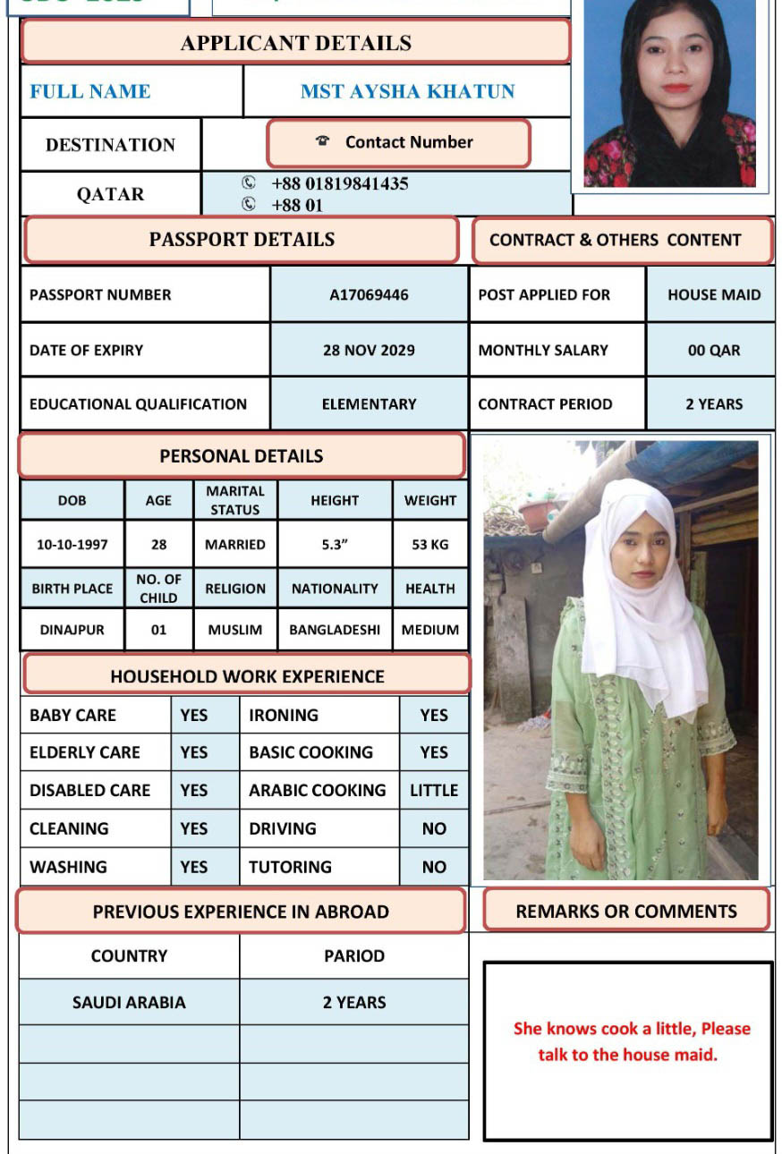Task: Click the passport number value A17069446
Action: [369, 294]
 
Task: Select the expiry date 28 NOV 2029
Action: [369, 350]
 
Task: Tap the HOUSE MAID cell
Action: [713, 294]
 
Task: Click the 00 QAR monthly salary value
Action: [713, 350]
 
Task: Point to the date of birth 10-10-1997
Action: [72, 544]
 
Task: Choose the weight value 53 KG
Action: [429, 544]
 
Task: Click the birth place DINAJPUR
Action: [72, 630]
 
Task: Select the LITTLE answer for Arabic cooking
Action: [434, 790]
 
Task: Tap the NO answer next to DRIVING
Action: [434, 828]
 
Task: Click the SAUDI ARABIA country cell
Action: [129, 1002]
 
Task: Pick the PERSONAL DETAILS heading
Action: [242, 455]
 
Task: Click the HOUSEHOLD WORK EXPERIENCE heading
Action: [247, 676]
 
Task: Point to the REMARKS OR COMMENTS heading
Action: [626, 911]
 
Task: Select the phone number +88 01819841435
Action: [339, 183]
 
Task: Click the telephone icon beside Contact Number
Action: [323, 141]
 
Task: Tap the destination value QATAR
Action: [110, 194]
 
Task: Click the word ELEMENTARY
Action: [369, 403]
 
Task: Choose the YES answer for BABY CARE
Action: [193, 715]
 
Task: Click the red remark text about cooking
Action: [631, 1041]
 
